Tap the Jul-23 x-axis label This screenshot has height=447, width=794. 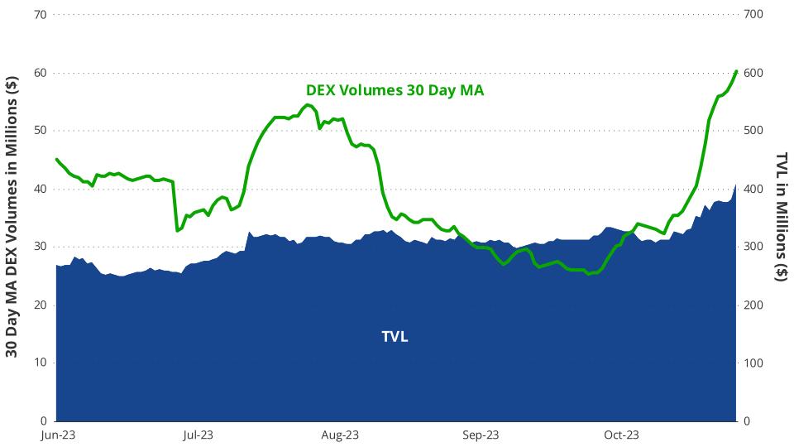click(198, 435)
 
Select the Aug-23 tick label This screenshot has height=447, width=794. click(339, 435)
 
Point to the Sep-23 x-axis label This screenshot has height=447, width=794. click(481, 435)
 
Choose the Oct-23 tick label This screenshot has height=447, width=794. click(621, 435)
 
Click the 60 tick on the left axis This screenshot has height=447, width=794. click(40, 73)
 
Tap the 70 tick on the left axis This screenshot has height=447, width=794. click(40, 15)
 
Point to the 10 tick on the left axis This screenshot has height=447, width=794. click(40, 363)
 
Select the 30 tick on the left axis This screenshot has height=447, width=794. click(40, 247)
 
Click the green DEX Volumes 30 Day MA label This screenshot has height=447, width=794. click(395, 90)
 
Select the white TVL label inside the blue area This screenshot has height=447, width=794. click(395, 337)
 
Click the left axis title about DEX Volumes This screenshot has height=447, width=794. click(12, 217)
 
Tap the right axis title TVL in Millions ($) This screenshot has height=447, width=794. click(781, 217)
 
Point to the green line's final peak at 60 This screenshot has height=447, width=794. click(736, 71)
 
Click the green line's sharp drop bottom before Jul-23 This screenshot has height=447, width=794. click(177, 230)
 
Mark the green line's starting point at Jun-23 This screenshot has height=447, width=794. click(56, 159)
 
